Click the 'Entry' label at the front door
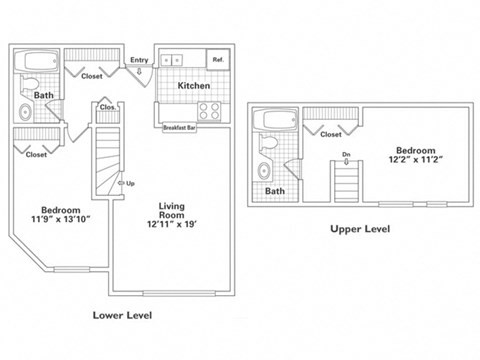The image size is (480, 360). click(139, 60)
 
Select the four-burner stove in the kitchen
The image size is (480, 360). click(211, 110)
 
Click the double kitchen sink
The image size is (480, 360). click(173, 59)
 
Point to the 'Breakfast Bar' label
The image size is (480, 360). click(179, 127)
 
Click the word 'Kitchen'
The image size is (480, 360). click(193, 86)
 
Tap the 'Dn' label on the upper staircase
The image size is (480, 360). click(345, 153)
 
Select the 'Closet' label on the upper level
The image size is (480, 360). click(331, 134)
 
